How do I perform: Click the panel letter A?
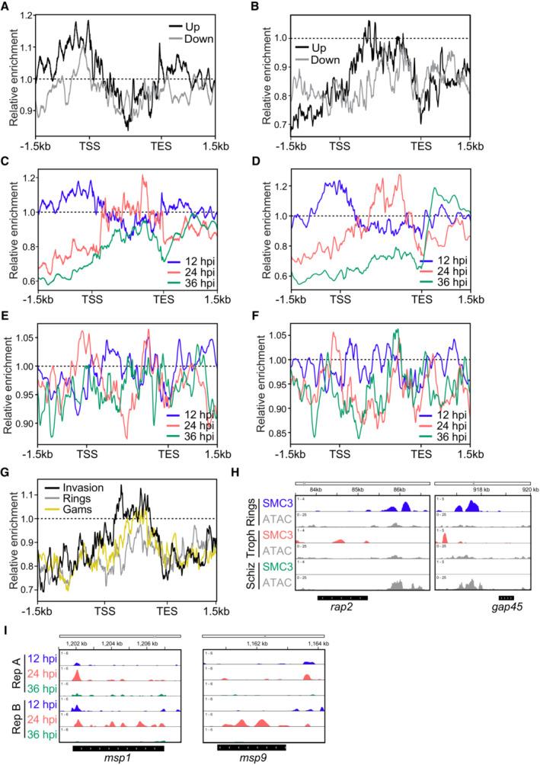(x=6, y=8)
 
